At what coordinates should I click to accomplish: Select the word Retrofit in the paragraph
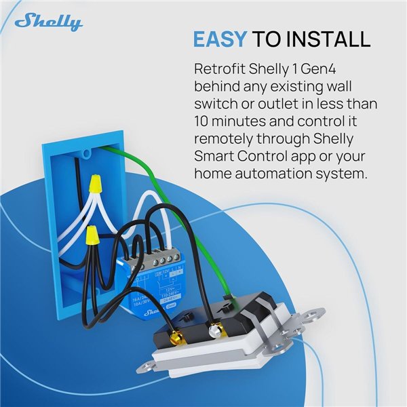218,70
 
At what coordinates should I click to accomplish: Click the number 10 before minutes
202,123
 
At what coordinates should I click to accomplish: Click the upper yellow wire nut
96,183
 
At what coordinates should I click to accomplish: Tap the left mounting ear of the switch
147,367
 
